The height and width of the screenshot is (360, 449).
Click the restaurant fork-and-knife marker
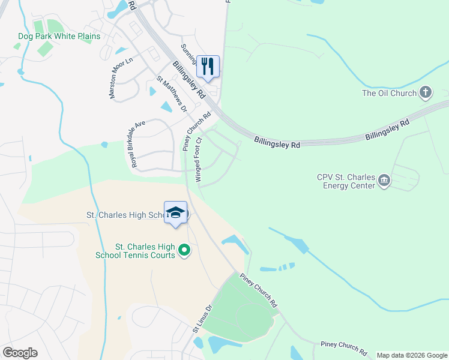pyautogui.click(x=208, y=66)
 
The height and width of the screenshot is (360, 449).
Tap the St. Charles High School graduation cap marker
pyautogui.click(x=175, y=213)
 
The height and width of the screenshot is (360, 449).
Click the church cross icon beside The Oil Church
pyautogui.click(x=426, y=92)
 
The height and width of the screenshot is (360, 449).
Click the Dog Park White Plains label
pyautogui.click(x=59, y=36)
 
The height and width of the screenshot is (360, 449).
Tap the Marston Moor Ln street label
pyautogui.click(x=120, y=75)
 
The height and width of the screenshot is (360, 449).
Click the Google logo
pyautogui.click(x=20, y=353)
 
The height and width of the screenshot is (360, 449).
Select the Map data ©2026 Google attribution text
pyautogui.click(x=412, y=355)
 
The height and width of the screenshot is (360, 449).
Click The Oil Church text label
pyautogui.click(x=389, y=93)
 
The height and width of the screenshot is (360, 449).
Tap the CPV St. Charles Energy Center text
pyautogui.click(x=346, y=181)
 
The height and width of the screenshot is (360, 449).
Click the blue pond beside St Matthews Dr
pyautogui.click(x=166, y=107)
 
